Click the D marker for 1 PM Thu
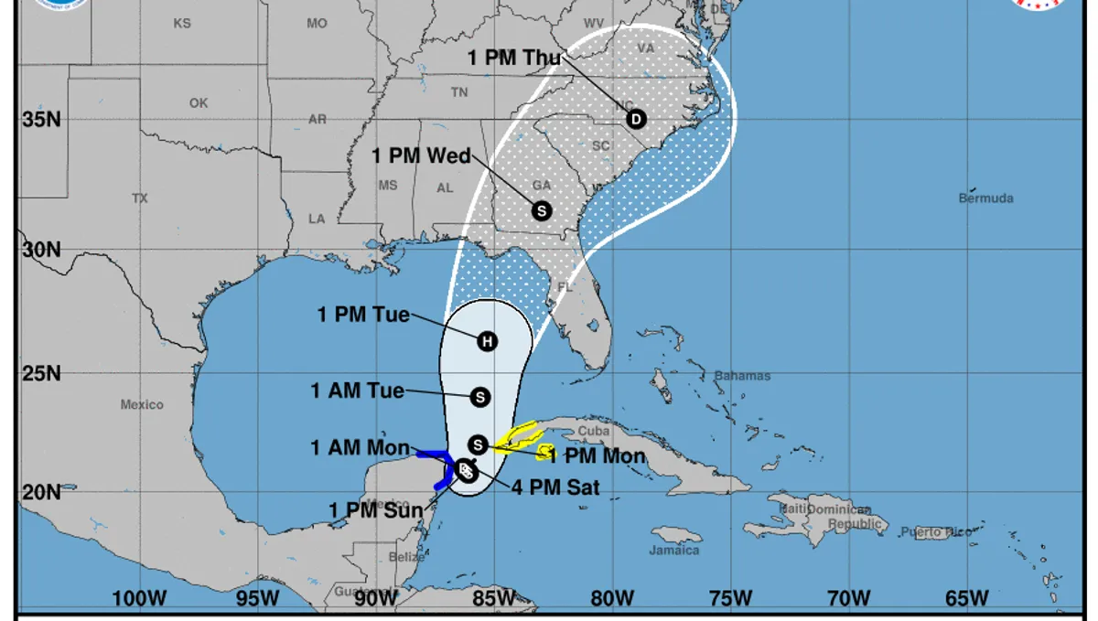[x=636, y=119]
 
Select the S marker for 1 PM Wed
[x=541, y=210]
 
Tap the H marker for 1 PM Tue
[x=488, y=341]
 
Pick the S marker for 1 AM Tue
[x=480, y=397]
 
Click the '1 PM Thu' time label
[x=513, y=58]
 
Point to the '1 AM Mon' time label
[x=359, y=447]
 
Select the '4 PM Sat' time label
[x=557, y=487]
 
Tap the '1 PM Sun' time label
[x=376, y=509]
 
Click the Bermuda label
[x=985, y=198]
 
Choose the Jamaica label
[x=674, y=551]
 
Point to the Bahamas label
[x=743, y=376]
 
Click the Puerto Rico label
[x=932, y=532]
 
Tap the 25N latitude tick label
[x=41, y=373]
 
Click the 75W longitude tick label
[x=729, y=598]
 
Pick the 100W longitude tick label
[x=139, y=598]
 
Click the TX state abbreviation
[x=139, y=198]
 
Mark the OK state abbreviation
[x=199, y=103]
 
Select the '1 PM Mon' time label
[x=597, y=456]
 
